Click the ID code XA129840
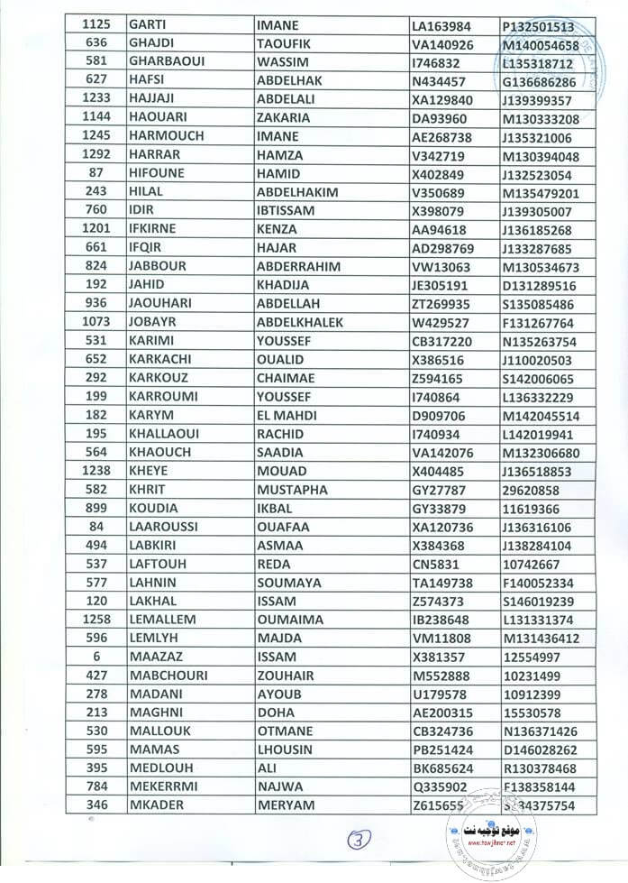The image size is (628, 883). click(443, 100)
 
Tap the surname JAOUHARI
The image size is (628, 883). click(161, 304)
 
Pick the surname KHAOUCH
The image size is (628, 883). click(159, 453)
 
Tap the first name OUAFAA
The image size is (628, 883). click(282, 527)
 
